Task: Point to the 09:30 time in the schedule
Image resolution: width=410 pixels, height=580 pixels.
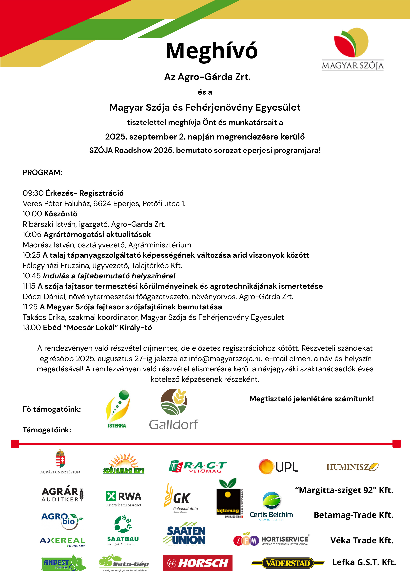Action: [33, 193]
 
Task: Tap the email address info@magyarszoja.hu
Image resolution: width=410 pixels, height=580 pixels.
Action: [226, 359]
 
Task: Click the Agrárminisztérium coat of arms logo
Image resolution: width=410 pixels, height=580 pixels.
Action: [60, 461]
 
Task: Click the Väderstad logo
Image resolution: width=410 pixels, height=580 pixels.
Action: [288, 563]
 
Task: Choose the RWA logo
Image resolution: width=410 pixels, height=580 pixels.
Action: [124, 498]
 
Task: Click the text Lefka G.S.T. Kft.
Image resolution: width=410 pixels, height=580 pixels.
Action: [364, 562]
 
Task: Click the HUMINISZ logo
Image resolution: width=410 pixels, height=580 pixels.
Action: [352, 467]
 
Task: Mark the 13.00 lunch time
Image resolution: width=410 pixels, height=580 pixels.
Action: [32, 328]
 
